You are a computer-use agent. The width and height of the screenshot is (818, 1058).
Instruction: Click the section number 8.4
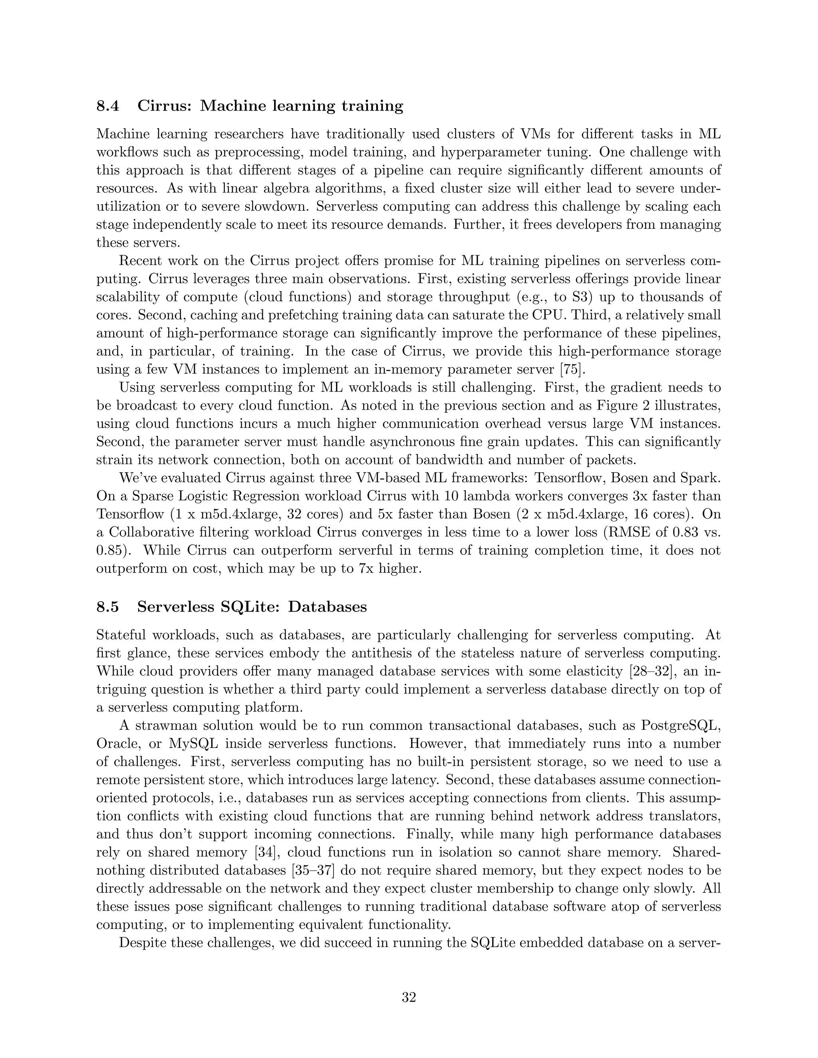pyautogui.click(x=107, y=106)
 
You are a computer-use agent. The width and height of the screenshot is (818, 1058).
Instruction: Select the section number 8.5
pyautogui.click(x=107, y=607)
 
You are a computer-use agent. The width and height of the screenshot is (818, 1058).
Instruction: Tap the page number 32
pyautogui.click(x=409, y=997)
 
